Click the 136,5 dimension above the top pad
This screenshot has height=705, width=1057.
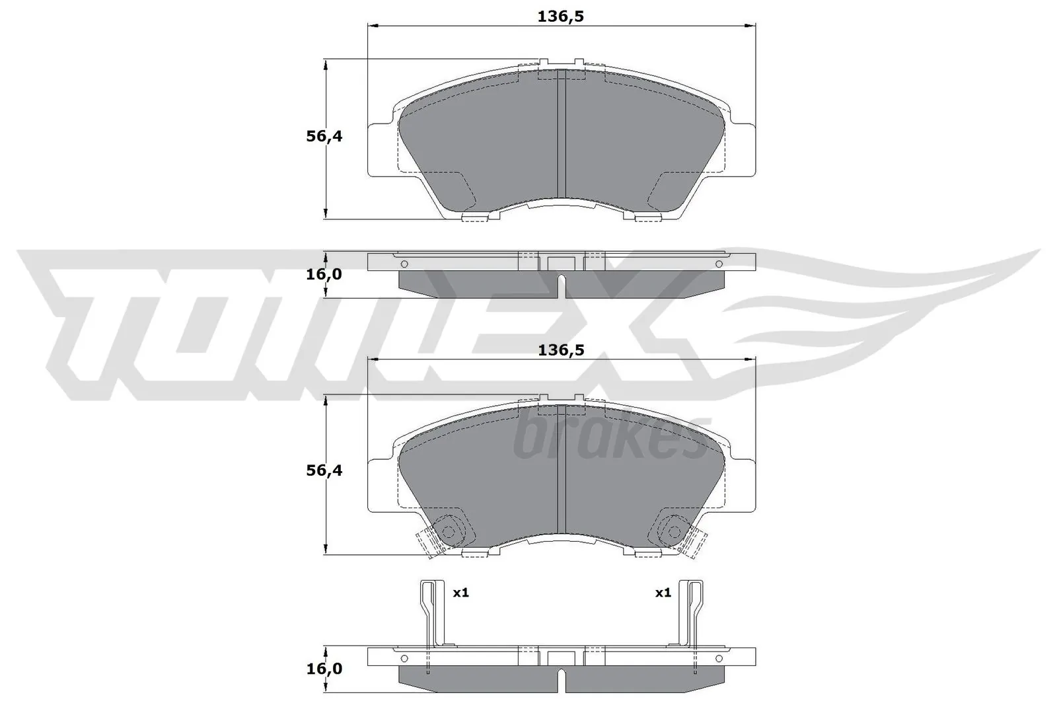click(x=561, y=17)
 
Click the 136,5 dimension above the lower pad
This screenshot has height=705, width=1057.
click(x=561, y=351)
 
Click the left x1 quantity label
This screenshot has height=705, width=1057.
click(x=460, y=593)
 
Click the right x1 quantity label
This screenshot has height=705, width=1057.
click(x=663, y=593)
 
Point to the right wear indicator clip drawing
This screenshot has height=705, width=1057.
click(x=692, y=614)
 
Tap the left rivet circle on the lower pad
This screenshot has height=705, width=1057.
click(x=449, y=531)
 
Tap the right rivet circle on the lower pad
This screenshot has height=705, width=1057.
click(x=674, y=531)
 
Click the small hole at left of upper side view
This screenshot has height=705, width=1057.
click(x=405, y=264)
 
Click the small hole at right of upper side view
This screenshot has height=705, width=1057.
click(x=719, y=264)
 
